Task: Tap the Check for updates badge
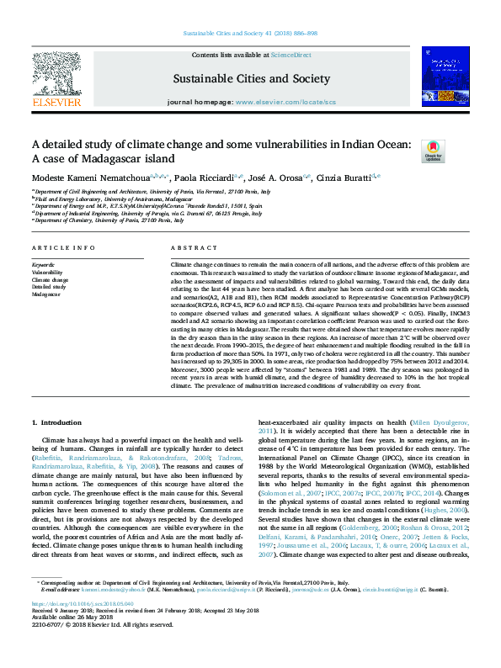[x=433, y=151]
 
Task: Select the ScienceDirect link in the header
[x=290, y=54]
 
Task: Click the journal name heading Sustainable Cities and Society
[x=251, y=78]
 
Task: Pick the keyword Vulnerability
[x=47, y=273]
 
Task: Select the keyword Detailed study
[x=49, y=287]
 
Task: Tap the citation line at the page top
[x=250, y=34]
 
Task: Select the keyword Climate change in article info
[x=50, y=279]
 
